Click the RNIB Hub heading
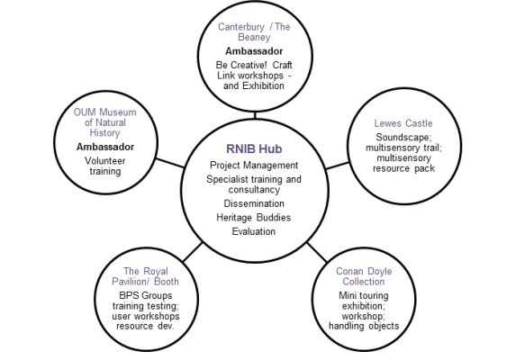254,148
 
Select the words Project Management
254,165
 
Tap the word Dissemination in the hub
254,203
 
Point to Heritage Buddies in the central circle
254,217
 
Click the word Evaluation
254,231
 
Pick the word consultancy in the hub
254,190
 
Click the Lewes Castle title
403,123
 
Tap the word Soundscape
403,137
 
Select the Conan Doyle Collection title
364,276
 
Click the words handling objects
364,326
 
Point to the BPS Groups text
146,295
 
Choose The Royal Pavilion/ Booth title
146,276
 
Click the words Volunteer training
105,166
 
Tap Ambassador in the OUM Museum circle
105,147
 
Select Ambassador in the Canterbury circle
254,51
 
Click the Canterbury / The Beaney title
254,31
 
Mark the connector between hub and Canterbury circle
255,115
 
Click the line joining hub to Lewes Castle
337,166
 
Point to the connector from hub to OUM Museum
170,163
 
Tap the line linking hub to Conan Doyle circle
317,253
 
